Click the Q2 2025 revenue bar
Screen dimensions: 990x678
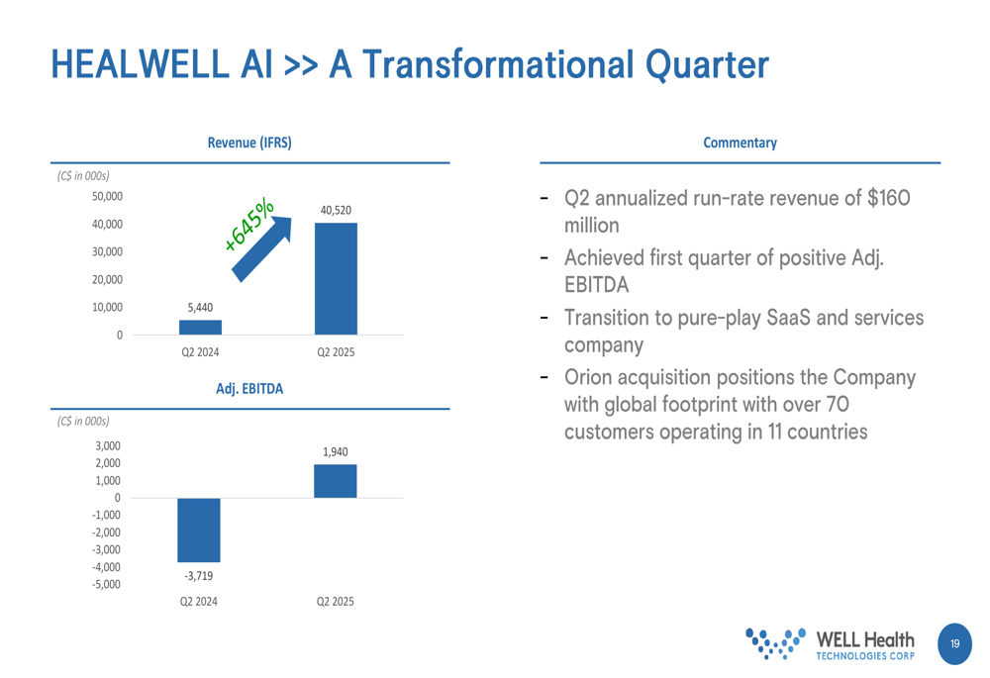(336, 278)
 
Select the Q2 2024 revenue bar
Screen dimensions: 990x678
(200, 327)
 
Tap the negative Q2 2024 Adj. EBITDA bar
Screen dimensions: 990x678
(199, 530)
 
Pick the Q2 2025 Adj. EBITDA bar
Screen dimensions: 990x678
(336, 481)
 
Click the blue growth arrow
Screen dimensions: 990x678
(261, 249)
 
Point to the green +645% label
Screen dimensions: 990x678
(249, 225)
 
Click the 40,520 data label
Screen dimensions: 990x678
(336, 210)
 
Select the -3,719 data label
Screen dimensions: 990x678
(199, 576)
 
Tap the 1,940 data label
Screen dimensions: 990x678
(336, 452)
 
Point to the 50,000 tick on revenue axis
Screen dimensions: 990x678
(107, 196)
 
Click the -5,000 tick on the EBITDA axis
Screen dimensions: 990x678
(106, 585)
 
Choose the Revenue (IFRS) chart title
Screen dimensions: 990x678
(249, 143)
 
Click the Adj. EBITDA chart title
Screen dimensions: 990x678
(249, 389)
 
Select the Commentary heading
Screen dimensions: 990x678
(740, 143)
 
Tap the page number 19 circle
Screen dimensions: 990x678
(954, 644)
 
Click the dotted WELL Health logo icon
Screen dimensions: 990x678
(775, 643)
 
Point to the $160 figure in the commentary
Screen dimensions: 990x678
(889, 198)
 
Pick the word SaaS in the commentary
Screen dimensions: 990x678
(788, 318)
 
